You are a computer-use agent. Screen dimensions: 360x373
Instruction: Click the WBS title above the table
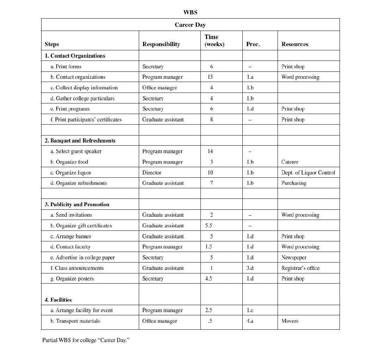pyautogui.click(x=190, y=12)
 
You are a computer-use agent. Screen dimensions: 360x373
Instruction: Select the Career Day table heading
pyautogui.click(x=190, y=25)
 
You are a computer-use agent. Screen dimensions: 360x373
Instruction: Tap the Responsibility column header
pyautogui.click(x=161, y=44)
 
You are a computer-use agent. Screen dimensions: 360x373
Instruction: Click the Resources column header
pyautogui.click(x=295, y=44)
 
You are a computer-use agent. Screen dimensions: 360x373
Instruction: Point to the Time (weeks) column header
pyautogui.click(x=214, y=40)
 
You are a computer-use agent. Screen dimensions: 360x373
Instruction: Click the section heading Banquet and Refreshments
pyautogui.click(x=80, y=141)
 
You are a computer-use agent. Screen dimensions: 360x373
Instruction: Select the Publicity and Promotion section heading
pyautogui.click(x=77, y=204)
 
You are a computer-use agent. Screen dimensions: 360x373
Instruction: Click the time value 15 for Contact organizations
pyautogui.click(x=210, y=77)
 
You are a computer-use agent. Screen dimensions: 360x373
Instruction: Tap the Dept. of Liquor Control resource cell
pyautogui.click(x=308, y=173)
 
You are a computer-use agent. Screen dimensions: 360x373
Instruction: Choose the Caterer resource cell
pyautogui.click(x=290, y=162)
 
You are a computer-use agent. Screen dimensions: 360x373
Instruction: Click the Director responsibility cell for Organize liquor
pyautogui.click(x=152, y=173)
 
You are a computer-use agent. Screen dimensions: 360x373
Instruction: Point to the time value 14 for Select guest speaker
pyautogui.click(x=210, y=151)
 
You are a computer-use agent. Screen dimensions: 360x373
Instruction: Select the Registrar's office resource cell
pyautogui.click(x=300, y=268)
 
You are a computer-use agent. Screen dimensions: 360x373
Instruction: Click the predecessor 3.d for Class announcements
pyautogui.click(x=250, y=268)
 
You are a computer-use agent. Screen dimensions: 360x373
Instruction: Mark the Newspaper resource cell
pyautogui.click(x=294, y=258)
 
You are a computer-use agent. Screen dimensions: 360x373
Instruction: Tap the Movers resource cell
pyautogui.click(x=290, y=321)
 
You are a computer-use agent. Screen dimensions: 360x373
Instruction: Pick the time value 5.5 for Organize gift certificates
pyautogui.click(x=209, y=226)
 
